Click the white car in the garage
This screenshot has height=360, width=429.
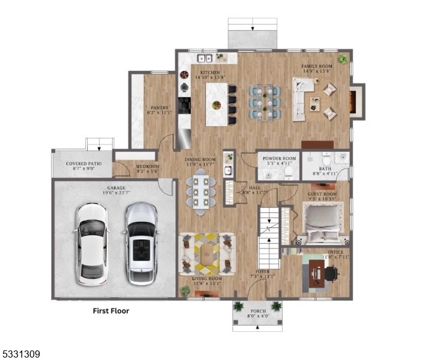pyautogui.click(x=92, y=244)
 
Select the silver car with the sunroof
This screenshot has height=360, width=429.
pyautogui.click(x=141, y=244)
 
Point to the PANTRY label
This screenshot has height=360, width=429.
pyautogui.click(x=158, y=108)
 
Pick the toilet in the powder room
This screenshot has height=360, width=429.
pyautogui.click(x=288, y=173)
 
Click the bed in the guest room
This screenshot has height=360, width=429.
pyautogui.click(x=323, y=223)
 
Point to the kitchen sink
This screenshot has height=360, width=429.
pyautogui.click(x=205, y=58)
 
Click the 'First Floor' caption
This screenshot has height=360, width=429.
pyautogui.click(x=110, y=311)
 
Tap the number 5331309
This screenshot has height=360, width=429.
pyautogui.click(x=20, y=355)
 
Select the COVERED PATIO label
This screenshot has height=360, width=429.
pyautogui.click(x=83, y=163)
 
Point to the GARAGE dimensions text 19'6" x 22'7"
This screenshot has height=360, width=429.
pyautogui.click(x=116, y=193)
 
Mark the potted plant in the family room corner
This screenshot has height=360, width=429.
pyautogui.click(x=343, y=59)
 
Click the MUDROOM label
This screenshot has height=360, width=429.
pyautogui.click(x=146, y=166)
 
